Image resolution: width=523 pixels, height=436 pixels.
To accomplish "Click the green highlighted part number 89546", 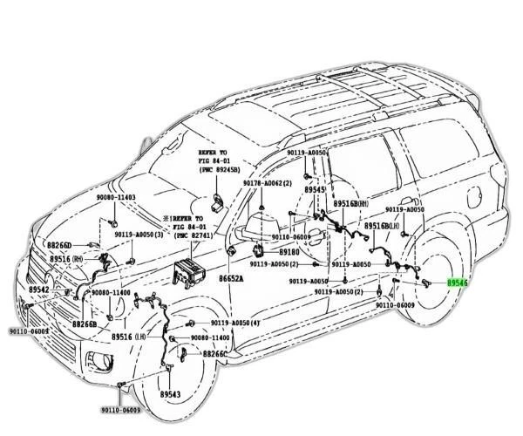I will (x=458, y=283).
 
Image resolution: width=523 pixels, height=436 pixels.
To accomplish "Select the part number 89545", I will (x=315, y=189).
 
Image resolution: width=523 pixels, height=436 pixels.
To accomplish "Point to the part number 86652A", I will (x=231, y=277).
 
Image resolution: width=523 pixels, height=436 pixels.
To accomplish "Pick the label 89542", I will (x=38, y=289).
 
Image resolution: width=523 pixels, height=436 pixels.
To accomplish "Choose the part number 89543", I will (x=170, y=394).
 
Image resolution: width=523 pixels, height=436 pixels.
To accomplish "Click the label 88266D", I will (x=59, y=247).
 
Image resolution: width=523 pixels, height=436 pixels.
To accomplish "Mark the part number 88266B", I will (x=85, y=324).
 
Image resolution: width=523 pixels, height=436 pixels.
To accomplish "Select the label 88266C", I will (x=215, y=354).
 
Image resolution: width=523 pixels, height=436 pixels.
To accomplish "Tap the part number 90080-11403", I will (x=115, y=199).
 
